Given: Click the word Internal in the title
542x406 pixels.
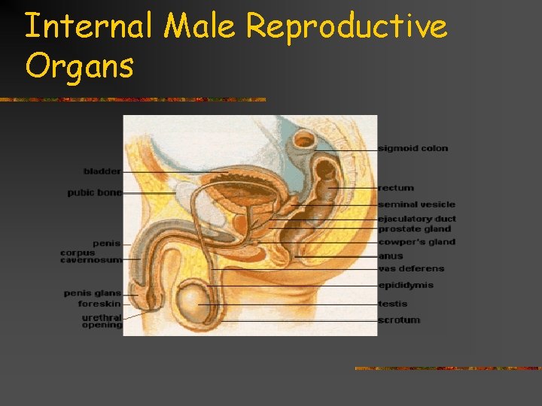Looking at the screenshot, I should pos(89,28).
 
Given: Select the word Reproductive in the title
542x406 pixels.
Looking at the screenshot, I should pos(346,28).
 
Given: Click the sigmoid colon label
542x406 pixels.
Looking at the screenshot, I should pos(413,148).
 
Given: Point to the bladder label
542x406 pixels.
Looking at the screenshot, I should pos(102,171).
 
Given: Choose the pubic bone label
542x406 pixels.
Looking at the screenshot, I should pos(94,192).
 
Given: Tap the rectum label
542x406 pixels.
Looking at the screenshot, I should pos(396,188).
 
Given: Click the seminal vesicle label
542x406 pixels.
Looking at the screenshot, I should pos(416,205).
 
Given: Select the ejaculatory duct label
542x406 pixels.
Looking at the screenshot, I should pos(417,219).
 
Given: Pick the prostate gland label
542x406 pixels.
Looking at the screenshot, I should pos(415,229).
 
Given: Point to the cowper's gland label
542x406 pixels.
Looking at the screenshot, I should pos(416,242).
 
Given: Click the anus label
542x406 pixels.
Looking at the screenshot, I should pos(391,256).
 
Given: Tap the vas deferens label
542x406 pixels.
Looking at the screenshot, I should pos(411,268).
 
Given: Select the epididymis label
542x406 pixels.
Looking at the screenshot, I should pos(406,286).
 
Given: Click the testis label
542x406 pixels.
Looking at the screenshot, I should pos(393,304).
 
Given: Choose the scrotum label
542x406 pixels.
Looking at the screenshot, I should pos(399,320).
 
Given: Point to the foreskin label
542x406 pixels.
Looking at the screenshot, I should pos(99,304).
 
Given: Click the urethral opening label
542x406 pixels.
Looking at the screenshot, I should pos(102,321).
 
